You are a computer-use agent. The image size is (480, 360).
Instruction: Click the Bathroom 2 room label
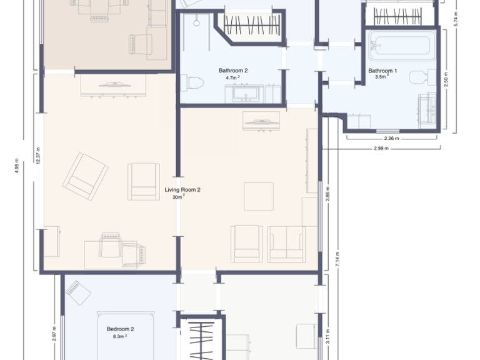click(233, 71)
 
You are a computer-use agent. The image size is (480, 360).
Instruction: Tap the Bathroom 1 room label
click(382, 71)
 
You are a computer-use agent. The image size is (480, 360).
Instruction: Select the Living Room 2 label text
click(182, 189)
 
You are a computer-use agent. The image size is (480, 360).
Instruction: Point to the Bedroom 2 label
click(121, 328)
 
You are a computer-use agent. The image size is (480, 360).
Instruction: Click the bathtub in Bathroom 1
click(402, 46)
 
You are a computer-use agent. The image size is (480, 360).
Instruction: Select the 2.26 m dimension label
click(391, 138)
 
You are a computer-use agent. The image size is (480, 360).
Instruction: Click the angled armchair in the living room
click(85, 176)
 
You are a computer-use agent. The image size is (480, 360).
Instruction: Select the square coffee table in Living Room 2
click(259, 196)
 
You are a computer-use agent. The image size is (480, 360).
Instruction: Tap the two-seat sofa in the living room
click(286, 244)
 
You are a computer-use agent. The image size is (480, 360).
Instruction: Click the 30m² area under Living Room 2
click(179, 197)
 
